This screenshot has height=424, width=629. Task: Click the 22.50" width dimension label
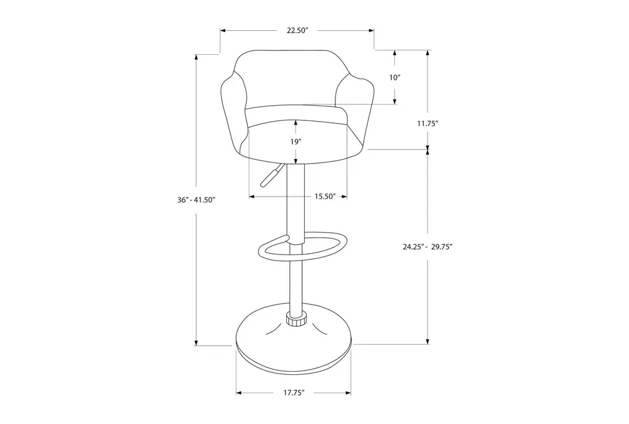click(297, 31)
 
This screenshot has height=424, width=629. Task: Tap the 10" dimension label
click(395, 77)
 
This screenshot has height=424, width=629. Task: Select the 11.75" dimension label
click(428, 124)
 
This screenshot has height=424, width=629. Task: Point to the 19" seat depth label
click(295, 141)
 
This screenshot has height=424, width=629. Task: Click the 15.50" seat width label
click(325, 197)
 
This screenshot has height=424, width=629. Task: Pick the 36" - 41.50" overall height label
click(197, 200)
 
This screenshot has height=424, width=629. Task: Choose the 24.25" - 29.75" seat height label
click(428, 247)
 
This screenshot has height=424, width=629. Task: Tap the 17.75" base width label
click(294, 393)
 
